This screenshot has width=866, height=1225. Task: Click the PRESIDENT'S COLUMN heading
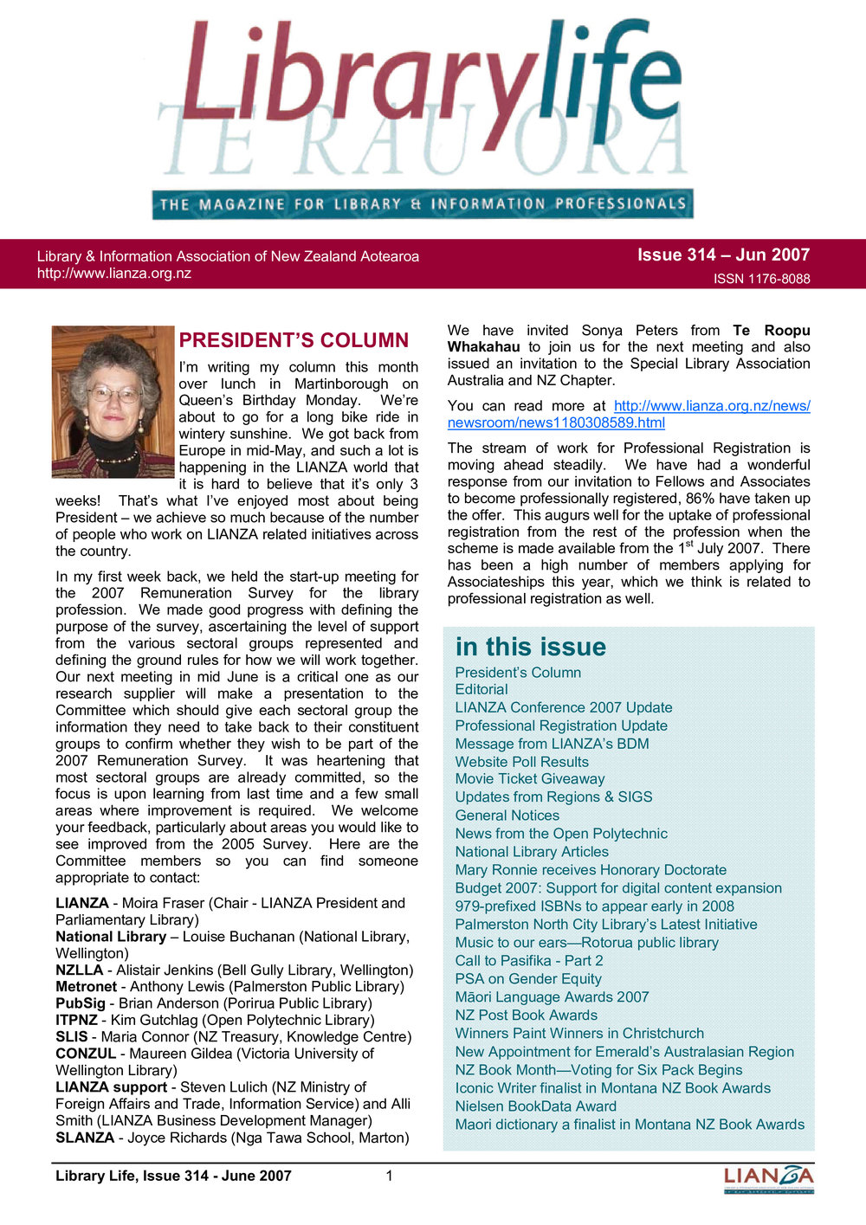click(294, 340)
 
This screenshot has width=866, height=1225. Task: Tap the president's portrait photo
click(113, 402)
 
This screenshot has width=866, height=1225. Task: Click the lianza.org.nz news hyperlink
click(629, 415)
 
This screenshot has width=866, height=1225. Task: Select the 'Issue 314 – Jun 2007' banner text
click(723, 255)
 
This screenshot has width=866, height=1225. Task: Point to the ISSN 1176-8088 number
click(761, 279)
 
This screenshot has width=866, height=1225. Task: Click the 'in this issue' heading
click(530, 647)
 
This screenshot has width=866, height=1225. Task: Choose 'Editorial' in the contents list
click(481, 690)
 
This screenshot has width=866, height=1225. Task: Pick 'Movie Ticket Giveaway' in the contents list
click(530, 779)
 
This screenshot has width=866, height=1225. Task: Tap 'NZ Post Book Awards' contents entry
click(526, 1015)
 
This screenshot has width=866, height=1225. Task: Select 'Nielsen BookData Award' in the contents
click(535, 1106)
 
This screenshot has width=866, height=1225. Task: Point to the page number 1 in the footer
click(390, 1176)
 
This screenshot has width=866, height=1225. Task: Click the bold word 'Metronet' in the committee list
click(86, 987)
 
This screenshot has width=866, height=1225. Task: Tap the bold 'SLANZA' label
click(84, 1138)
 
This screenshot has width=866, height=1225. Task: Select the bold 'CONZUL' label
click(85, 1054)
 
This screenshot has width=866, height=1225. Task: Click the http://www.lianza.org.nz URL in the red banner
click(113, 274)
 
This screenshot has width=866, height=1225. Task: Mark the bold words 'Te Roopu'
click(771, 331)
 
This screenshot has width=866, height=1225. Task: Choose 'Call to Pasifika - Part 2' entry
click(529, 961)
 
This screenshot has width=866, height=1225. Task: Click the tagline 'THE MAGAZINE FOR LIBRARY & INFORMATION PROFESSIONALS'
click(423, 204)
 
